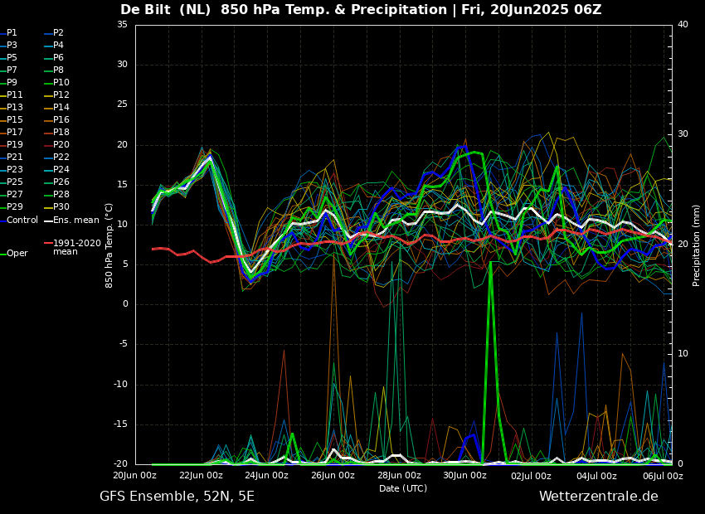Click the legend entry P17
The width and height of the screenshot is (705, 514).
tap(16, 133)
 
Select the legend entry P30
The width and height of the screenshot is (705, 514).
tap(61, 207)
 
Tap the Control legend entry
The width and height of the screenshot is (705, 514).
tap(22, 220)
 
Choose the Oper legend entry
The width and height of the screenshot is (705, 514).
tap(17, 254)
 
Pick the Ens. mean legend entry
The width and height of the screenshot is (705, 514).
tap(75, 220)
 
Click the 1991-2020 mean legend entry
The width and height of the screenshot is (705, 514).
tap(76, 247)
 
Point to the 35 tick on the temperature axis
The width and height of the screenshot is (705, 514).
tap(122, 25)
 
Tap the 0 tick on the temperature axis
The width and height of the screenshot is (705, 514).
tap(124, 304)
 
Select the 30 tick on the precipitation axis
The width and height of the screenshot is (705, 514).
tap(683, 134)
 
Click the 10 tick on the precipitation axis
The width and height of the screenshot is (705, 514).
tap(683, 354)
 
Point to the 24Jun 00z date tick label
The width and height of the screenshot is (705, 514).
tap(267, 476)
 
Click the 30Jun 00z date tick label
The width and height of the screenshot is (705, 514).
tap(464, 476)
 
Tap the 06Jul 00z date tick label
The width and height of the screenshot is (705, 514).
tap(662, 476)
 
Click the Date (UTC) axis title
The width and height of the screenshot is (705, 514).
tap(403, 489)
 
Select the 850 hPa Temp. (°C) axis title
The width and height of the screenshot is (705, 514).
tap(109, 245)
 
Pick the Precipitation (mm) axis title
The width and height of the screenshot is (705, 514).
tap(697, 245)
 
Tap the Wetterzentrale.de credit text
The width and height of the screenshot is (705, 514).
tap(598, 497)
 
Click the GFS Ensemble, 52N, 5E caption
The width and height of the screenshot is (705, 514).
tap(177, 497)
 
